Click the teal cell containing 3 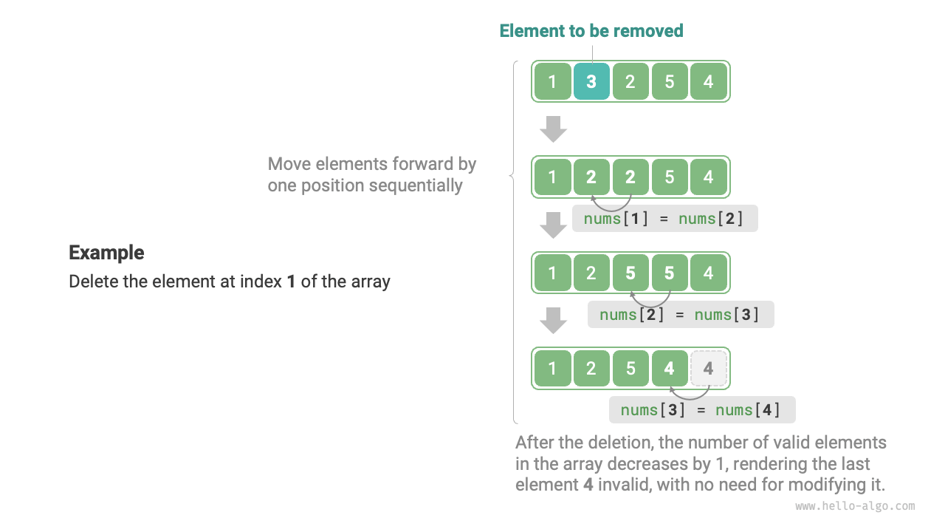pos(591,81)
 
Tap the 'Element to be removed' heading pos(591,31)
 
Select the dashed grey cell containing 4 pos(709,368)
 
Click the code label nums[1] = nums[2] pos(664,219)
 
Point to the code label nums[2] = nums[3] pos(680,315)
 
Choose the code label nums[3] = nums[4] pos(701,410)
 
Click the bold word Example pos(106,253)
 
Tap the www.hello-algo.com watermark pos(855,506)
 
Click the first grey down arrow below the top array pos(553,129)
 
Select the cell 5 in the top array pos(670,81)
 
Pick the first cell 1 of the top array pos(553,81)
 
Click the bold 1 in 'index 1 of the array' pos(291,282)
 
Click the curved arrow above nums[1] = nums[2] pos(611,202)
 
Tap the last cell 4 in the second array pos(709,177)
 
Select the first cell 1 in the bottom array pos(553,368)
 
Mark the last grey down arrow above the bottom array pos(553,321)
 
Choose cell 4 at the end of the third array pos(709,273)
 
